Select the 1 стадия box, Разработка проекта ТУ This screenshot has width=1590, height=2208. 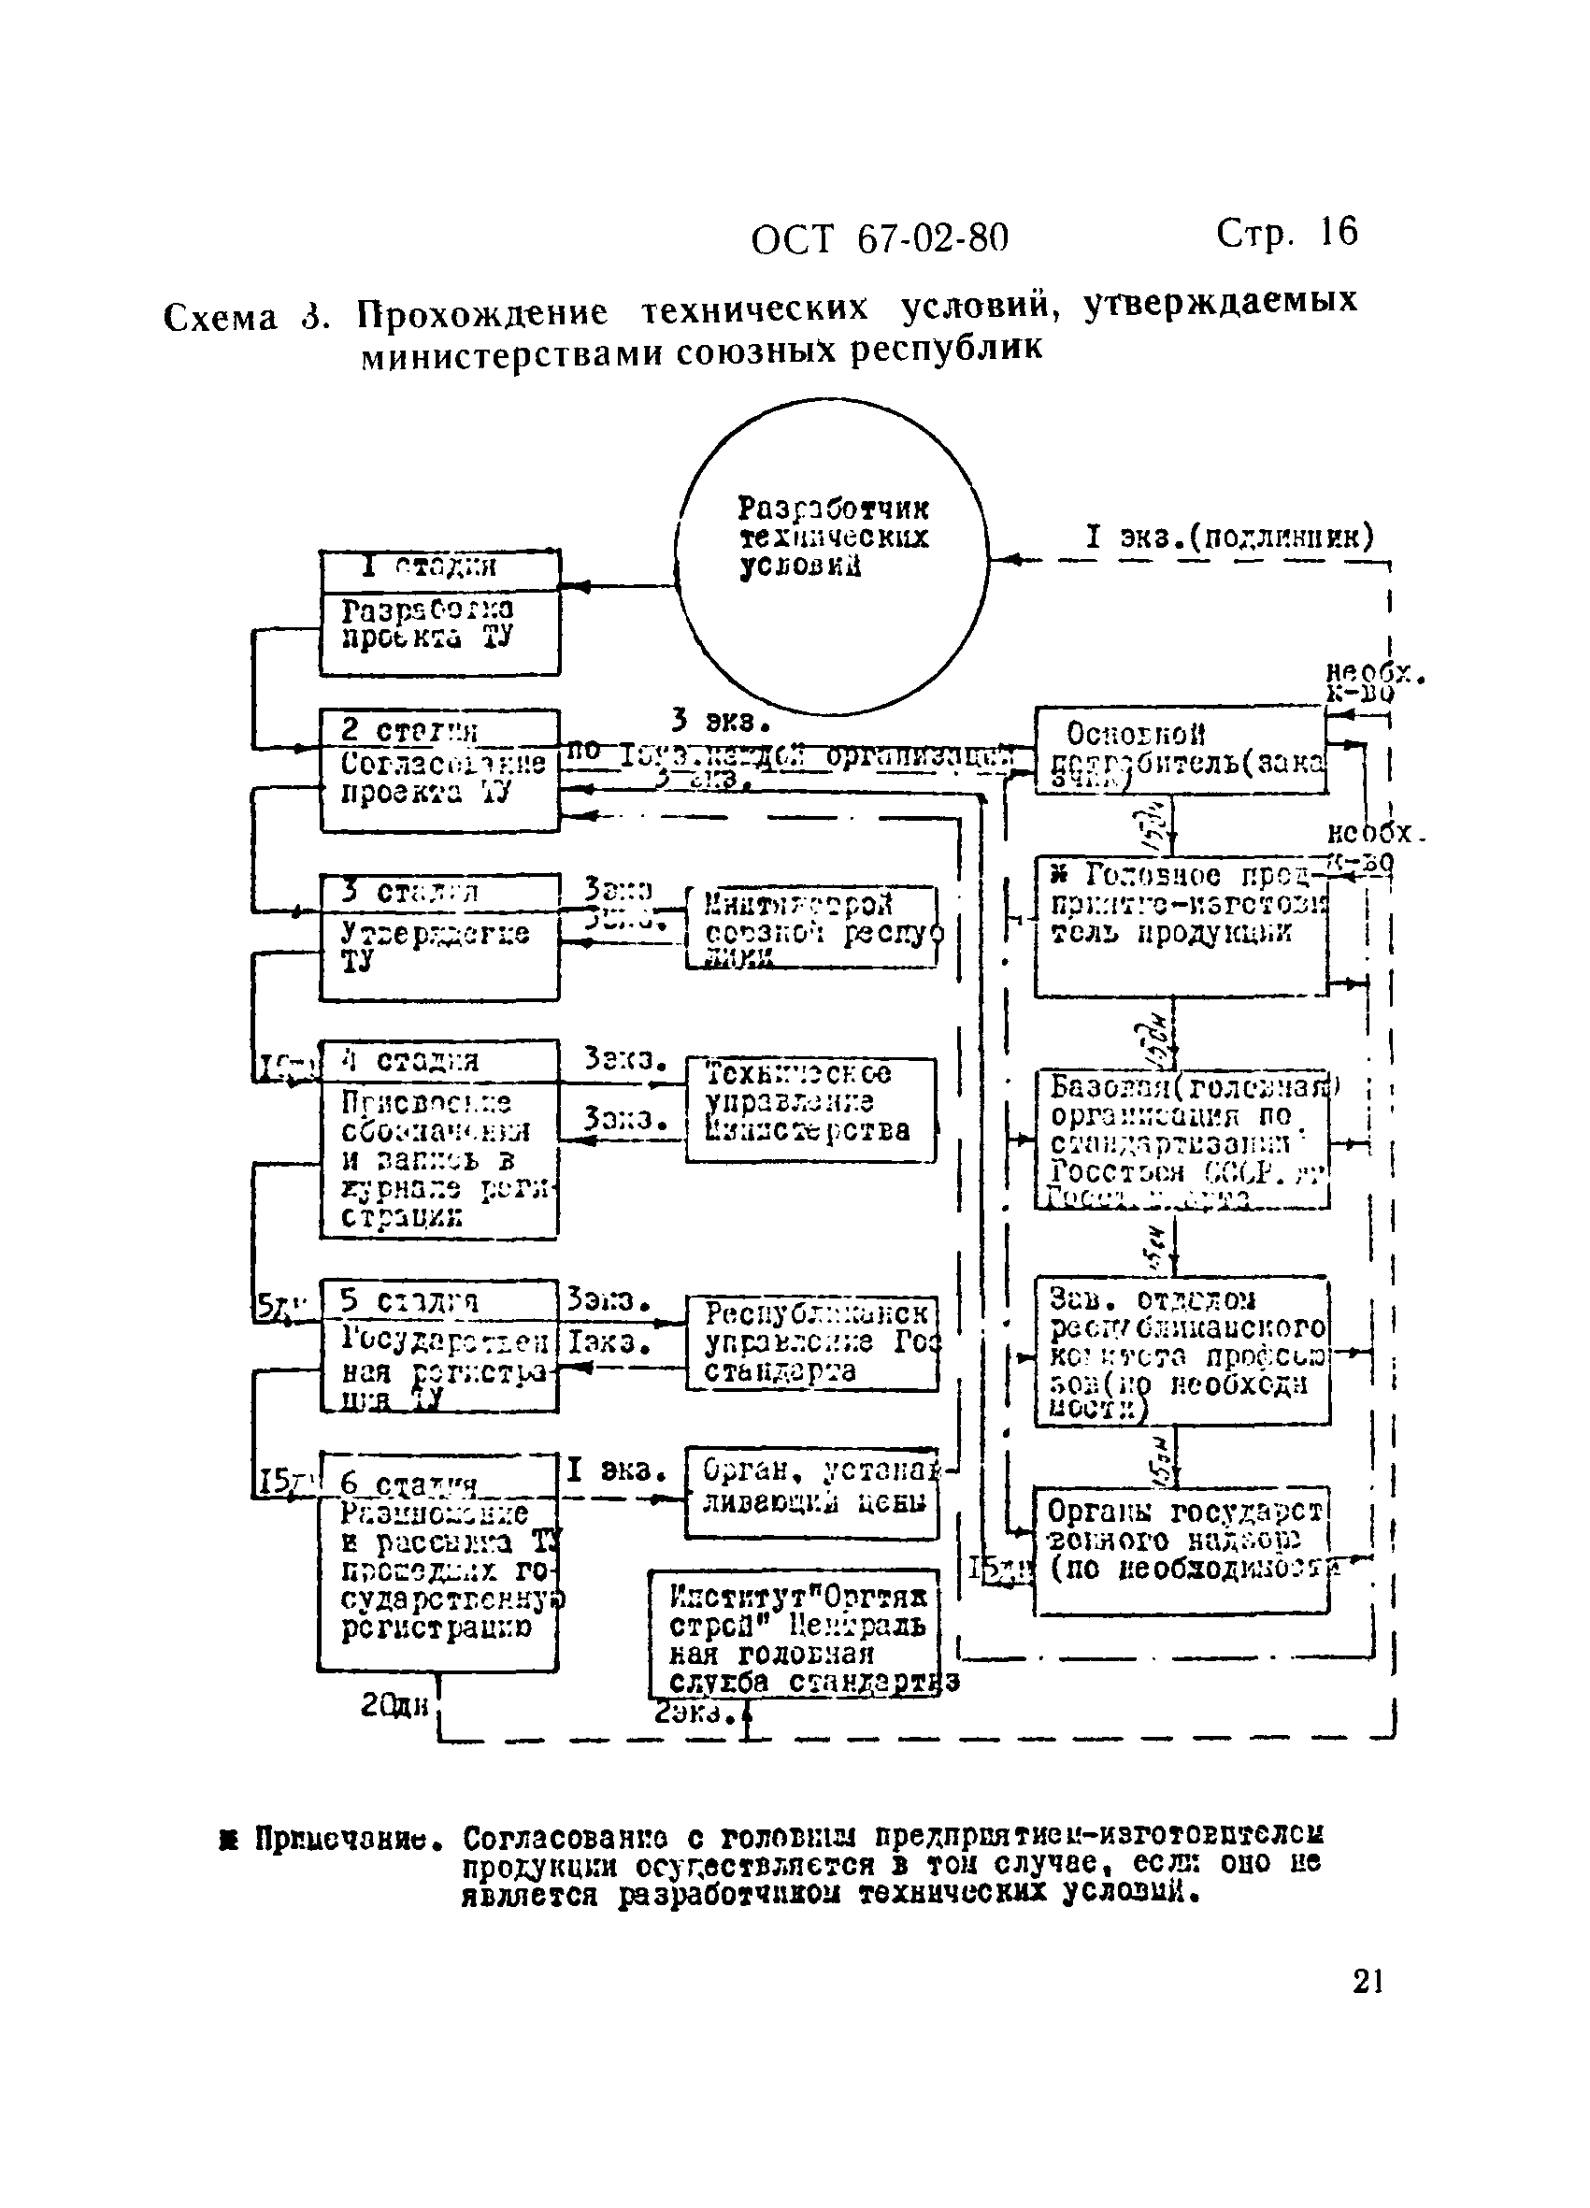[x=440, y=612]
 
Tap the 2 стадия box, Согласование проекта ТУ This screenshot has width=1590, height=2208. [x=440, y=770]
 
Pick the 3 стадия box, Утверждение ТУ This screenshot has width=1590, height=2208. [x=440, y=937]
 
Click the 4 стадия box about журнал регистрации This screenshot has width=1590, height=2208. [x=440, y=1139]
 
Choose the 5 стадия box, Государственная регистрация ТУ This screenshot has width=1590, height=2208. [x=440, y=1346]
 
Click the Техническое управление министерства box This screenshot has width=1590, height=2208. [x=810, y=1110]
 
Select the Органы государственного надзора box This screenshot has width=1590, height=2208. [x=1180, y=1551]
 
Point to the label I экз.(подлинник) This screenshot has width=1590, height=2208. [x=1229, y=538]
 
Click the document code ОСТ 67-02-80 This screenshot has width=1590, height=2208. [x=880, y=239]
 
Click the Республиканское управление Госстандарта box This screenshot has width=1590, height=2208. [x=811, y=1342]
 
